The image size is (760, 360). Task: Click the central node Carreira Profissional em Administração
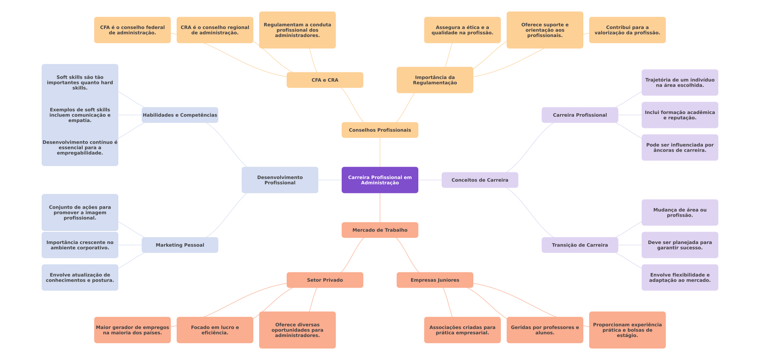[x=380, y=180]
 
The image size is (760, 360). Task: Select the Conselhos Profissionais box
[x=380, y=130]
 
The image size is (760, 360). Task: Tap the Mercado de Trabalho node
[x=380, y=230]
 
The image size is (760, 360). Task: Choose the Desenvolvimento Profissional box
[x=280, y=180]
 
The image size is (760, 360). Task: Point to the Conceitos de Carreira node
[x=480, y=180]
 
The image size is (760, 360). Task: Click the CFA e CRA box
[x=325, y=80]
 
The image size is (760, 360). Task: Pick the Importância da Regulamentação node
[x=435, y=80]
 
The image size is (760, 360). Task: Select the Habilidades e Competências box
[x=180, y=115]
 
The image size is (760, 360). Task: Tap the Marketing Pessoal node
[x=180, y=245]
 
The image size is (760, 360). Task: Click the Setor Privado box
[x=325, y=280]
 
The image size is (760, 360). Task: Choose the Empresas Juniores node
[x=435, y=280]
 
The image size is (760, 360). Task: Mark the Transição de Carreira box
[x=580, y=245]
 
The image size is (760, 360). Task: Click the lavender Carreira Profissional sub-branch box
[x=580, y=115]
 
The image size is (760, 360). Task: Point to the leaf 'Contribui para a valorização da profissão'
[x=627, y=30]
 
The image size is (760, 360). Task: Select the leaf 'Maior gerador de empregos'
[x=132, y=330]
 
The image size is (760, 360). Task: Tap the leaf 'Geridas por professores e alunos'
[x=545, y=330]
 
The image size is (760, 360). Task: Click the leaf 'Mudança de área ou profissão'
[x=680, y=213]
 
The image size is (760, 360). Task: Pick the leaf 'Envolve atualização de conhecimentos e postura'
[x=80, y=277]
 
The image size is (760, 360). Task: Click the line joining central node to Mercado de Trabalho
[x=380, y=208]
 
